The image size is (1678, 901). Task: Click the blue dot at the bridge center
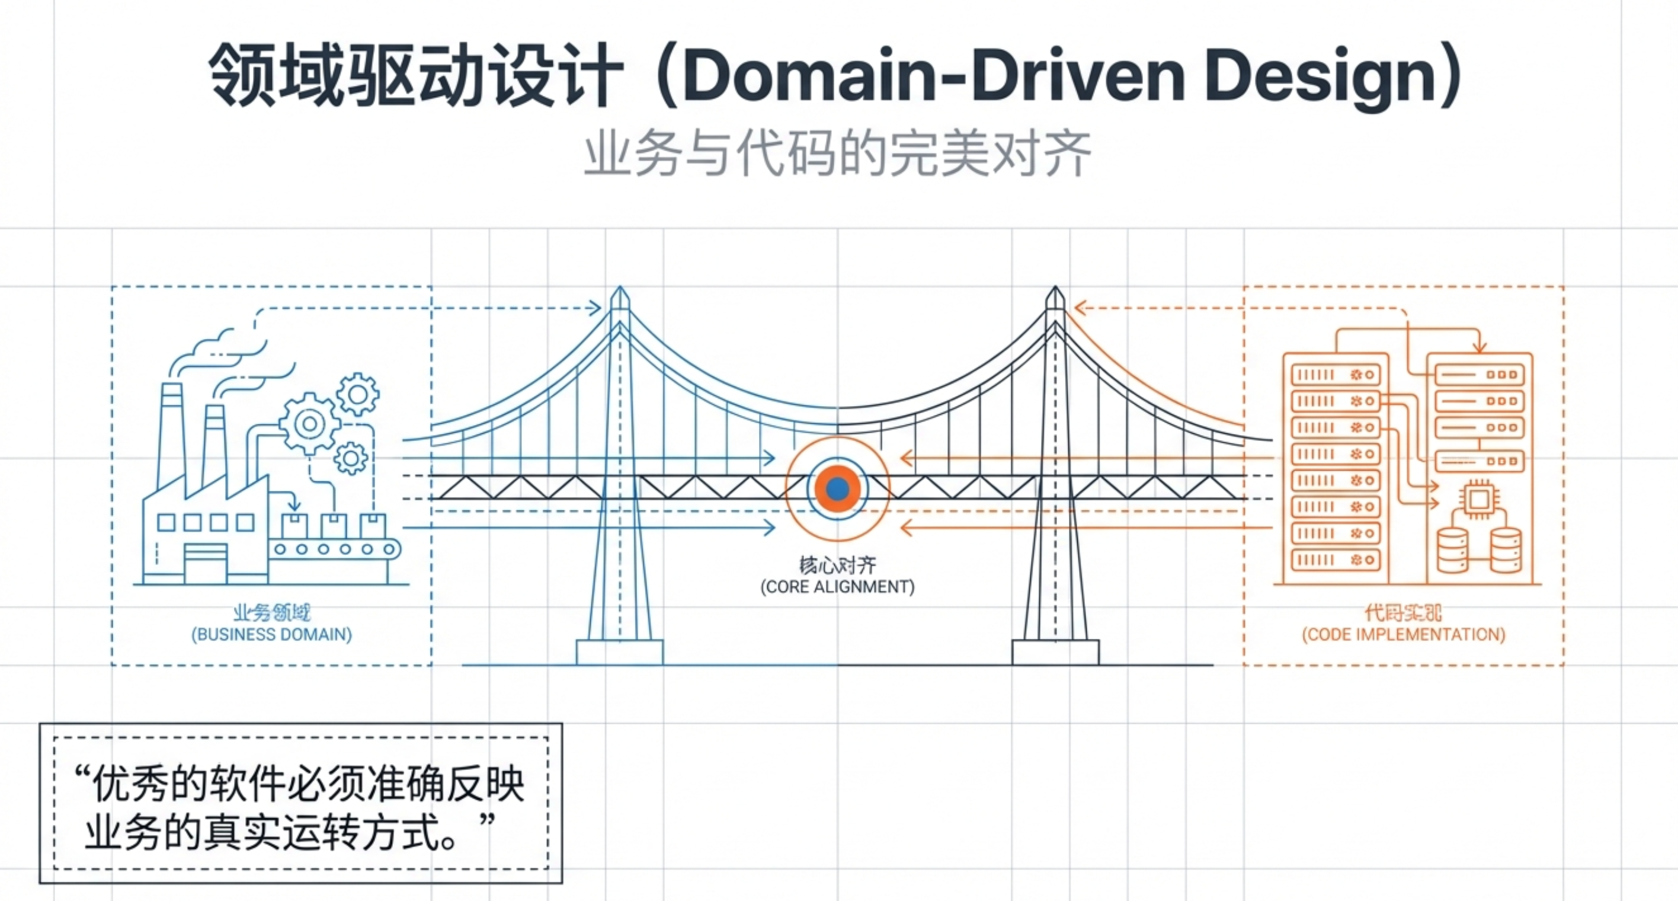838,488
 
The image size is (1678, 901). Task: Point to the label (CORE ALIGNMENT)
838,587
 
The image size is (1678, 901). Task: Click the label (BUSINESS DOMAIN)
271,634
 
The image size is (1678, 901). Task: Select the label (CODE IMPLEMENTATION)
1404,634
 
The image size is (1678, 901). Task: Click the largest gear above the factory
309,424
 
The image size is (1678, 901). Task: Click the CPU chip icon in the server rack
1478,500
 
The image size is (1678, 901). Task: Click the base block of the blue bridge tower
620,652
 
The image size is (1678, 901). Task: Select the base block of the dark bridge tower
1055,652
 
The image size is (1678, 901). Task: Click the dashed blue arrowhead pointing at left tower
595,308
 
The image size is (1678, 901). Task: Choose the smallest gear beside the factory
350,458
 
